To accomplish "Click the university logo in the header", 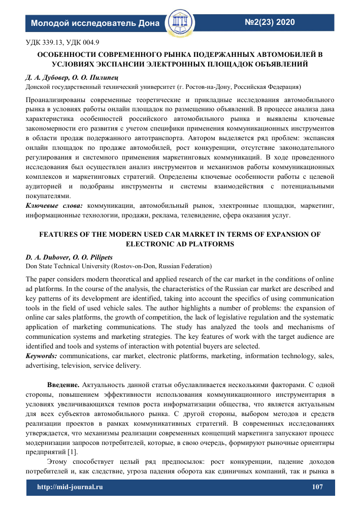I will pos(180,21).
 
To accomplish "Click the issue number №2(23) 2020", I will pos(270,22).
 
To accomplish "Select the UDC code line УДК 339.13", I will pos(62,42).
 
